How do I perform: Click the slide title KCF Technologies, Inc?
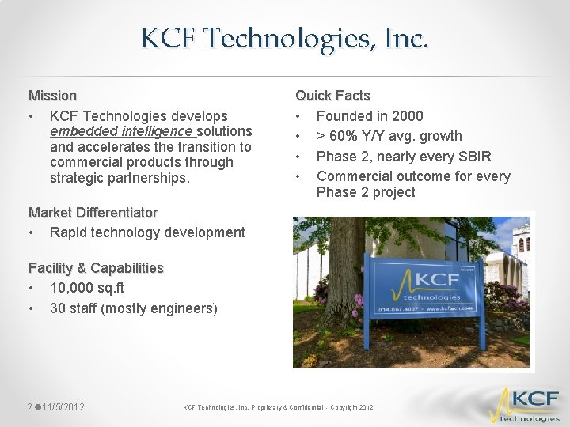coord(285,38)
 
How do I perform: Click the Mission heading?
coord(52,96)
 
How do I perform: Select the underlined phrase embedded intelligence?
coord(121,131)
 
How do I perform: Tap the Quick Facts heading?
coord(332,96)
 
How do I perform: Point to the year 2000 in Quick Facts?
coord(407,116)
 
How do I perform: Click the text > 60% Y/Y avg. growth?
coord(389,136)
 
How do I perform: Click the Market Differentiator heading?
coord(93,213)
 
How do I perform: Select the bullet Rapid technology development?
coord(147,232)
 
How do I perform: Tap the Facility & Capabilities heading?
coord(96,268)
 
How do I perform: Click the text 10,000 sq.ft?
coord(87,288)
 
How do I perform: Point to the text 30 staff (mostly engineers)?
coord(133,308)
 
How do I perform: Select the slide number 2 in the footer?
coord(29,407)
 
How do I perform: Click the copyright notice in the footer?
coord(278,407)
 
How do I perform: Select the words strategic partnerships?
coord(119,178)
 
